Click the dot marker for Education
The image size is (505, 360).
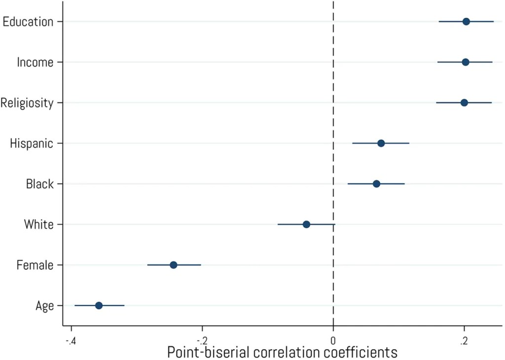click(x=466, y=22)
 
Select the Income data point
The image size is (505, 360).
click(x=466, y=62)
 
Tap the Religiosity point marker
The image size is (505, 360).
click(x=464, y=103)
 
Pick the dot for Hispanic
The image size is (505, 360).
click(x=381, y=144)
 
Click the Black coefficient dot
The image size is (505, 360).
click(x=376, y=184)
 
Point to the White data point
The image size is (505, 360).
click(x=306, y=224)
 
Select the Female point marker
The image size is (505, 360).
click(x=174, y=265)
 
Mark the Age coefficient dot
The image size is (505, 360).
click(x=99, y=306)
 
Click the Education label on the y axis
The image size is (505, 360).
click(x=28, y=22)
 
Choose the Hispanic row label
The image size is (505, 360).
click(x=32, y=144)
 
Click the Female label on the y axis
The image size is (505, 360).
click(x=35, y=265)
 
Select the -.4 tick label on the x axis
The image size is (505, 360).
click(x=71, y=341)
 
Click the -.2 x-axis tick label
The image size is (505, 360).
click(x=202, y=341)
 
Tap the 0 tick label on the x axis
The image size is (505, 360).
click(x=333, y=341)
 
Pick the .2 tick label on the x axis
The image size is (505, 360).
click(x=464, y=341)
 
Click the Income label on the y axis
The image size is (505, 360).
click(x=35, y=62)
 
